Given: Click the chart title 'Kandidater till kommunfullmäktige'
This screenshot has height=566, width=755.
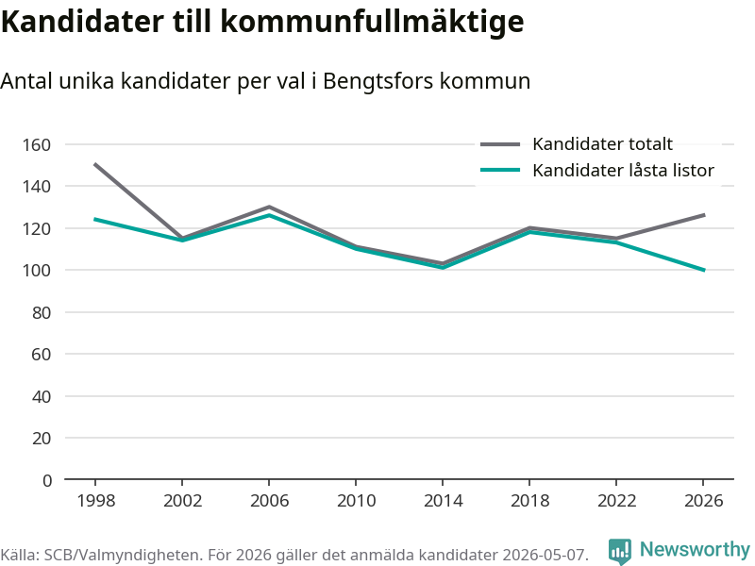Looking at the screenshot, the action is [262, 22].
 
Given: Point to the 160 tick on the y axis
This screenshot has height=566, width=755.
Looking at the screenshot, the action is [37, 145].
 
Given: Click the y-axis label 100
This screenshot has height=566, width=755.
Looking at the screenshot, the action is [37, 271].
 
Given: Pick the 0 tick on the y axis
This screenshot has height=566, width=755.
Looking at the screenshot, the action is [46, 480].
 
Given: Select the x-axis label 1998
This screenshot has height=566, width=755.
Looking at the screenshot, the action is [96, 501].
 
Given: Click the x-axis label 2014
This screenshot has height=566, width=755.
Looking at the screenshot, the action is [443, 501].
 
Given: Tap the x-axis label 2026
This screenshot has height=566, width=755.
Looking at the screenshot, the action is [703, 501].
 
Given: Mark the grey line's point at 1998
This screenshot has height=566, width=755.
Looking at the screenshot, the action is [95, 164].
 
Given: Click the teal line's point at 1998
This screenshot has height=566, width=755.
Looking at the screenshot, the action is [95, 220].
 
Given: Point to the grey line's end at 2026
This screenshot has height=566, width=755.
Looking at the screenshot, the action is [704, 215].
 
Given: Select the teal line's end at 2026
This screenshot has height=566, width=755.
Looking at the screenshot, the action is [704, 270].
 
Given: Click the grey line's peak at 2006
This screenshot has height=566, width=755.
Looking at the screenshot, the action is [269, 207].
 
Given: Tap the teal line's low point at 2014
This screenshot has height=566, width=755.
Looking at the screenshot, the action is [443, 268].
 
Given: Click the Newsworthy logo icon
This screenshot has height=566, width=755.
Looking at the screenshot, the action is [620, 551].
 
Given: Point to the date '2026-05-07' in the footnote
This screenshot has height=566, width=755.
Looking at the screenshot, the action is [545, 555].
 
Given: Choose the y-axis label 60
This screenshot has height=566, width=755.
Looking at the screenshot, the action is [42, 355].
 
